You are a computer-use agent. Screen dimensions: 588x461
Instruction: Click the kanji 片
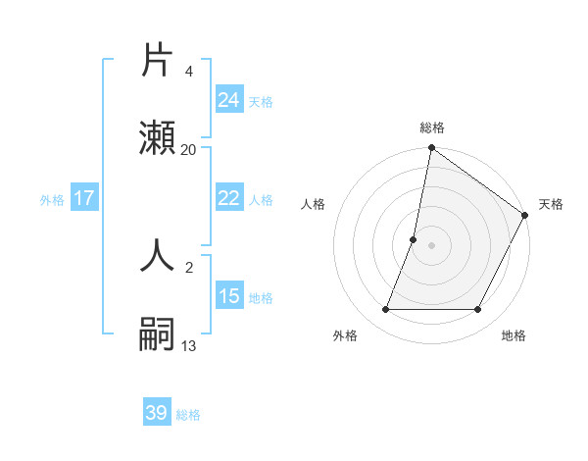pyautogui.click(x=157, y=61)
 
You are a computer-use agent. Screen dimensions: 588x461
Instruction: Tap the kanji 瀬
pyautogui.click(x=157, y=138)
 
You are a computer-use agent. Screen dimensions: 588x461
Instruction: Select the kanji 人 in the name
pyautogui.click(x=157, y=255)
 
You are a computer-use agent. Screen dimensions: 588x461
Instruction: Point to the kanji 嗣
pyautogui.click(x=157, y=334)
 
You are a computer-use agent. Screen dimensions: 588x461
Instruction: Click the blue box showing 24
pyautogui.click(x=228, y=100)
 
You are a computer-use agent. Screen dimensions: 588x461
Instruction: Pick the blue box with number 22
pyautogui.click(x=228, y=198)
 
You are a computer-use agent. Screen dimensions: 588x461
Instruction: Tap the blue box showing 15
pyautogui.click(x=228, y=296)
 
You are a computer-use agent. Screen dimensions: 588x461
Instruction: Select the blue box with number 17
pyautogui.click(x=83, y=198)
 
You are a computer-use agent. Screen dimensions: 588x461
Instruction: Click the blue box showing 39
pyautogui.click(x=157, y=413)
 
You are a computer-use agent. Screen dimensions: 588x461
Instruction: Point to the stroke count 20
pyautogui.click(x=189, y=149)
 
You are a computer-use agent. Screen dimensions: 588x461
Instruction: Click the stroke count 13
pyautogui.click(x=189, y=345)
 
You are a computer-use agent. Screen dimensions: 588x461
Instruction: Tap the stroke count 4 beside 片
pyautogui.click(x=188, y=72)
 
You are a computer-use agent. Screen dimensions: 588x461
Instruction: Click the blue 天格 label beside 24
pyautogui.click(x=261, y=101)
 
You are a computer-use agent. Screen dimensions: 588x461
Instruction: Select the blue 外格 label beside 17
pyautogui.click(x=52, y=199)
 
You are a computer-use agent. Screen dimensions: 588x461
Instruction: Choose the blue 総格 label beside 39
pyautogui.click(x=188, y=414)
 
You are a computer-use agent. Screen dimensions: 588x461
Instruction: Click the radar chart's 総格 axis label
pyautogui.click(x=431, y=128)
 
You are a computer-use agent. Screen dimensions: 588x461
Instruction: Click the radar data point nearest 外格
pyautogui.click(x=385, y=310)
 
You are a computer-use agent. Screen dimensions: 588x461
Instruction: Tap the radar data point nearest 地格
pyautogui.click(x=478, y=310)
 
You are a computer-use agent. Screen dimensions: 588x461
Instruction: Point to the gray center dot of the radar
pyautogui.click(x=431, y=245)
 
